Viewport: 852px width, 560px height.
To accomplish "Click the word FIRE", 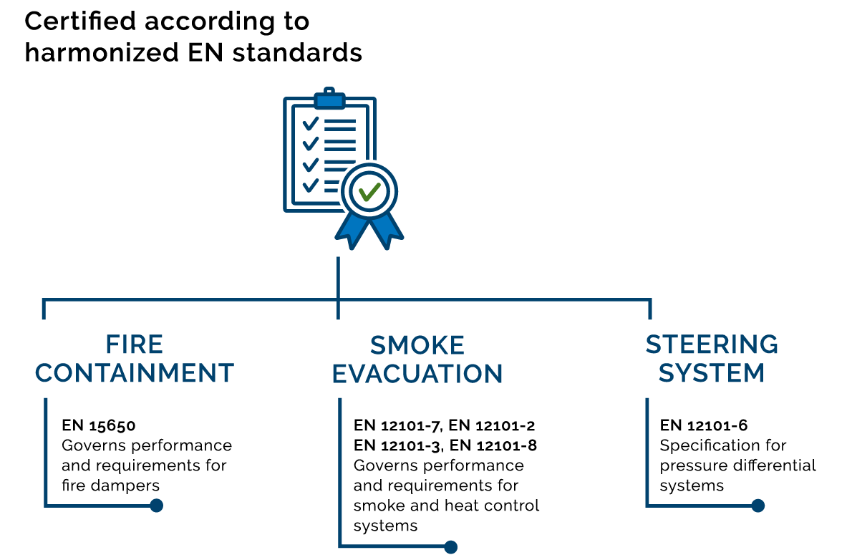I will [135, 345].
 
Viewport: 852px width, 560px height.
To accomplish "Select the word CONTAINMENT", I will [135, 373].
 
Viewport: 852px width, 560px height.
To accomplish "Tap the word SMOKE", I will [417, 346].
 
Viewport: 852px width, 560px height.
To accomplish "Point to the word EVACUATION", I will [417, 374].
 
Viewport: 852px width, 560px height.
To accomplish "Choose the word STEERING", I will [712, 345].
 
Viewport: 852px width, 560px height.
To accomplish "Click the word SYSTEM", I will [712, 373].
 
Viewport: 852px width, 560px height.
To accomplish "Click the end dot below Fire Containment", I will [156, 506].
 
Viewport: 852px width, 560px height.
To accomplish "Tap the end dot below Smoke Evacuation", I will [450, 547].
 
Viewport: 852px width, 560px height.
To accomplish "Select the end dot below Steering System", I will [757, 506].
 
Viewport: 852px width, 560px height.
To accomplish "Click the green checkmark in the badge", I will [369, 191].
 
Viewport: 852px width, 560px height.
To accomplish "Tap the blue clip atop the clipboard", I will [329, 100].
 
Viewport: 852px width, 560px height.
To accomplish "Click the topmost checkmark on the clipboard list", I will [310, 123].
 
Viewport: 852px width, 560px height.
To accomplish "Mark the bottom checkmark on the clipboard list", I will [310, 185].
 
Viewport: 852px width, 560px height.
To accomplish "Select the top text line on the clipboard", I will [339, 122].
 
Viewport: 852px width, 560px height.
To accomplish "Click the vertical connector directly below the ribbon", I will [338, 276].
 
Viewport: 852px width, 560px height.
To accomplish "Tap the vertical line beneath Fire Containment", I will [46, 451].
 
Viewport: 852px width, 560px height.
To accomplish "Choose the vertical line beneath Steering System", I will [647, 451].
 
